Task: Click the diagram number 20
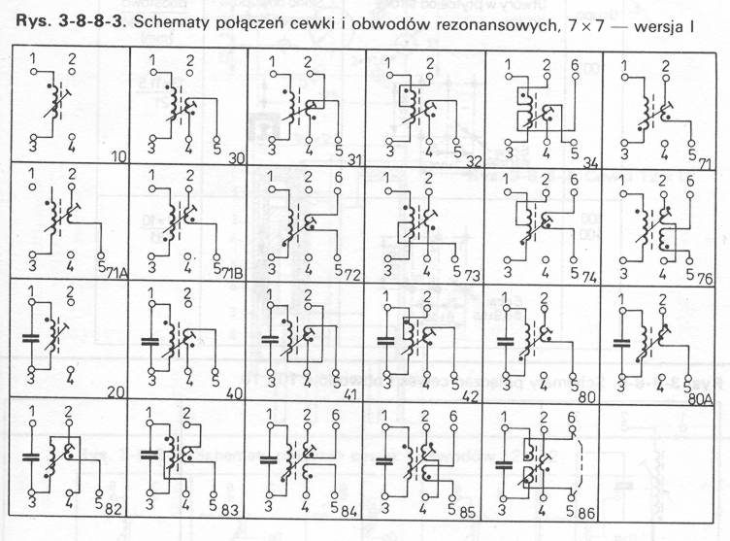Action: pyautogui.click(x=117, y=390)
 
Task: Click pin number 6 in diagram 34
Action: pyautogui.click(x=574, y=65)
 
